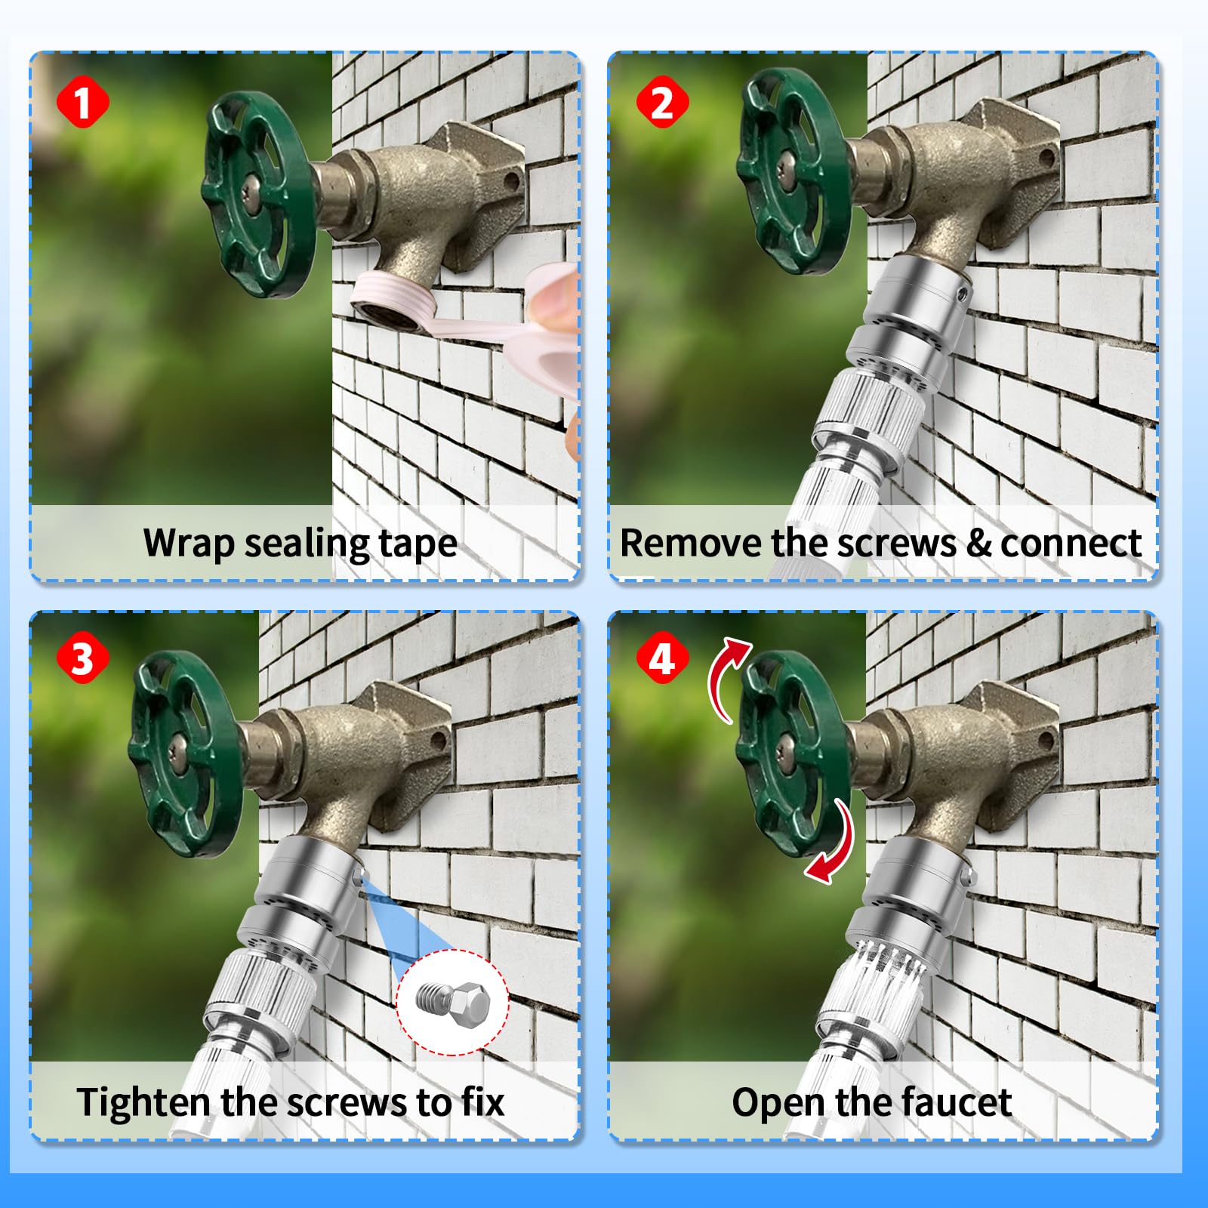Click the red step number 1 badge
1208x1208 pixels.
tap(82, 102)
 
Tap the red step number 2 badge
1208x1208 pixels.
tap(661, 102)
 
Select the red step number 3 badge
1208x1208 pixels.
tap(82, 658)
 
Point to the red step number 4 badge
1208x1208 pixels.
tap(661, 658)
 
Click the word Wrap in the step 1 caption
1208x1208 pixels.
tap(189, 544)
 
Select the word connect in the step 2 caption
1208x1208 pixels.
tap(1071, 544)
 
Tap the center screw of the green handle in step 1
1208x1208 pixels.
tap(251, 193)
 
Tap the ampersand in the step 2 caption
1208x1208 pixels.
tap(978, 544)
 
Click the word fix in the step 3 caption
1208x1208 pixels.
tap(483, 1102)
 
